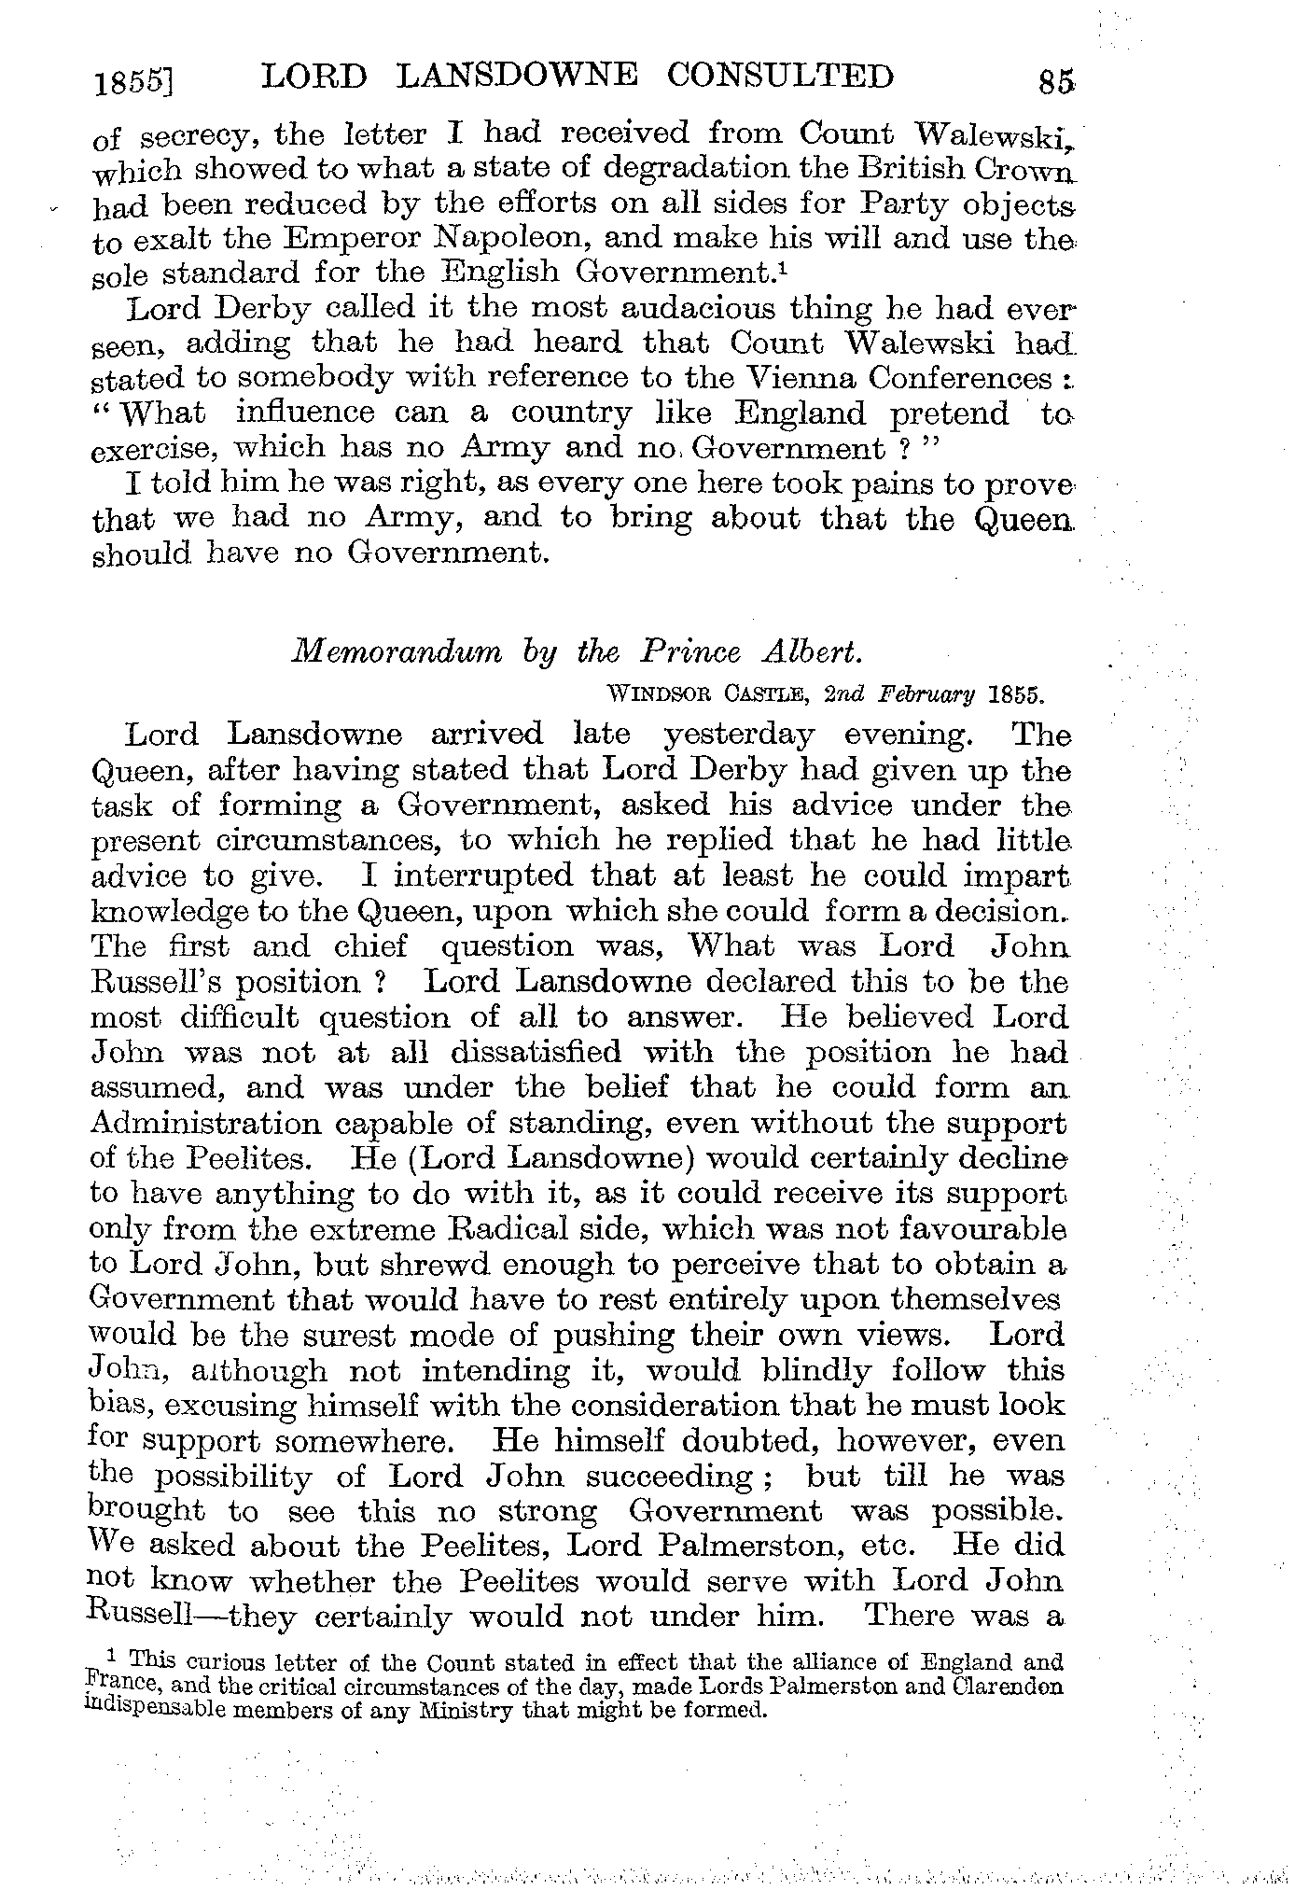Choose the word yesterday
point(738,735)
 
